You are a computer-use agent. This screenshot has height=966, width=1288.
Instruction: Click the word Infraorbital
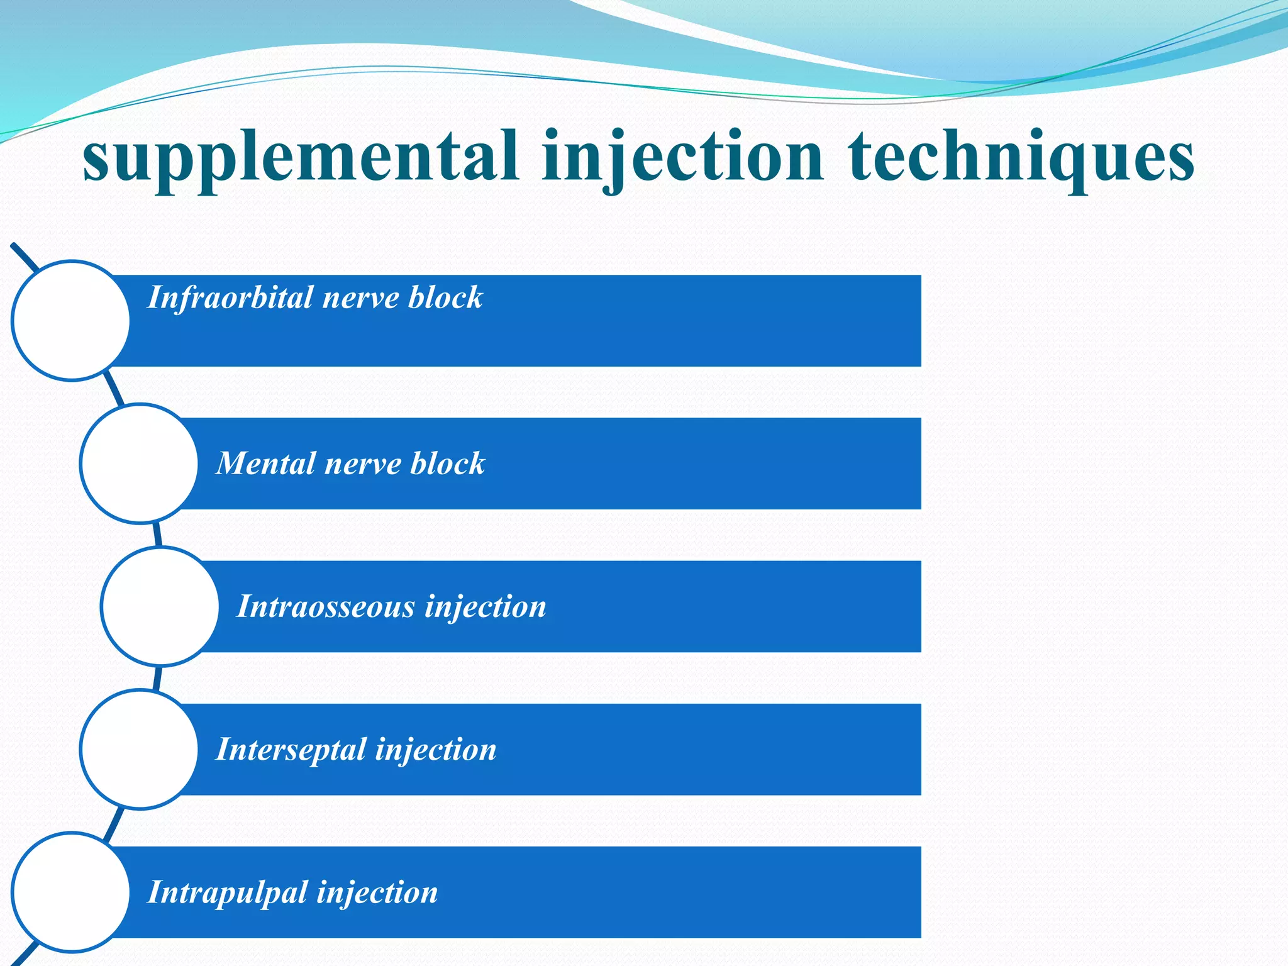tap(230, 297)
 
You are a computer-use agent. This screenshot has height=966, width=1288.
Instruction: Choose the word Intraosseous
tap(326, 607)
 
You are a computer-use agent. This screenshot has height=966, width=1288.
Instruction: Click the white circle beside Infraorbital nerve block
tap(71, 321)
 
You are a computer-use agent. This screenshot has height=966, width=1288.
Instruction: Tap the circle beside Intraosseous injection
tap(160, 606)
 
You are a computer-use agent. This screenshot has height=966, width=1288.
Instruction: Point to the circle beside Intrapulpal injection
tap(71, 892)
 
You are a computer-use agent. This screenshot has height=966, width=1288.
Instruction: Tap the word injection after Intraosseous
tap(485, 607)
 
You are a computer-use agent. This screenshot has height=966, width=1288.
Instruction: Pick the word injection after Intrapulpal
tap(377, 892)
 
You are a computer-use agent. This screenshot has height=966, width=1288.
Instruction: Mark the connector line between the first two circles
tap(114, 388)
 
